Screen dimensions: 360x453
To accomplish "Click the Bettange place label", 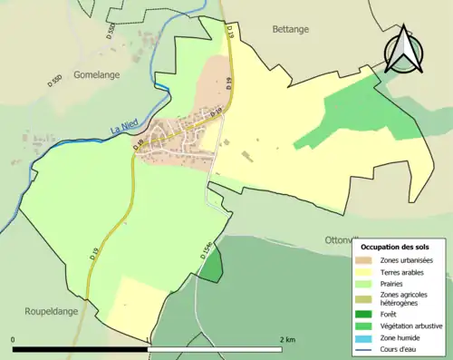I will pos(291,29).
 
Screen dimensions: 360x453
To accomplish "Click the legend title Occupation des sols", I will pos(395,247).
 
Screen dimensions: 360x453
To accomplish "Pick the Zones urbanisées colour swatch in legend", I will pos(365,261).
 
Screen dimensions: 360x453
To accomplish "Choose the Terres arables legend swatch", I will pos(365,272).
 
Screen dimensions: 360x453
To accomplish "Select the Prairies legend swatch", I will pos(365,283).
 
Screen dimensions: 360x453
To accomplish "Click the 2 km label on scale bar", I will pos(288,339).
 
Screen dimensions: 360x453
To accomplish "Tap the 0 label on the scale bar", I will pos(14,339).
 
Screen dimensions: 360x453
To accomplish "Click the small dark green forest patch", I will pos(211,268).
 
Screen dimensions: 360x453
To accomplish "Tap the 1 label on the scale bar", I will pos(149,339).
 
